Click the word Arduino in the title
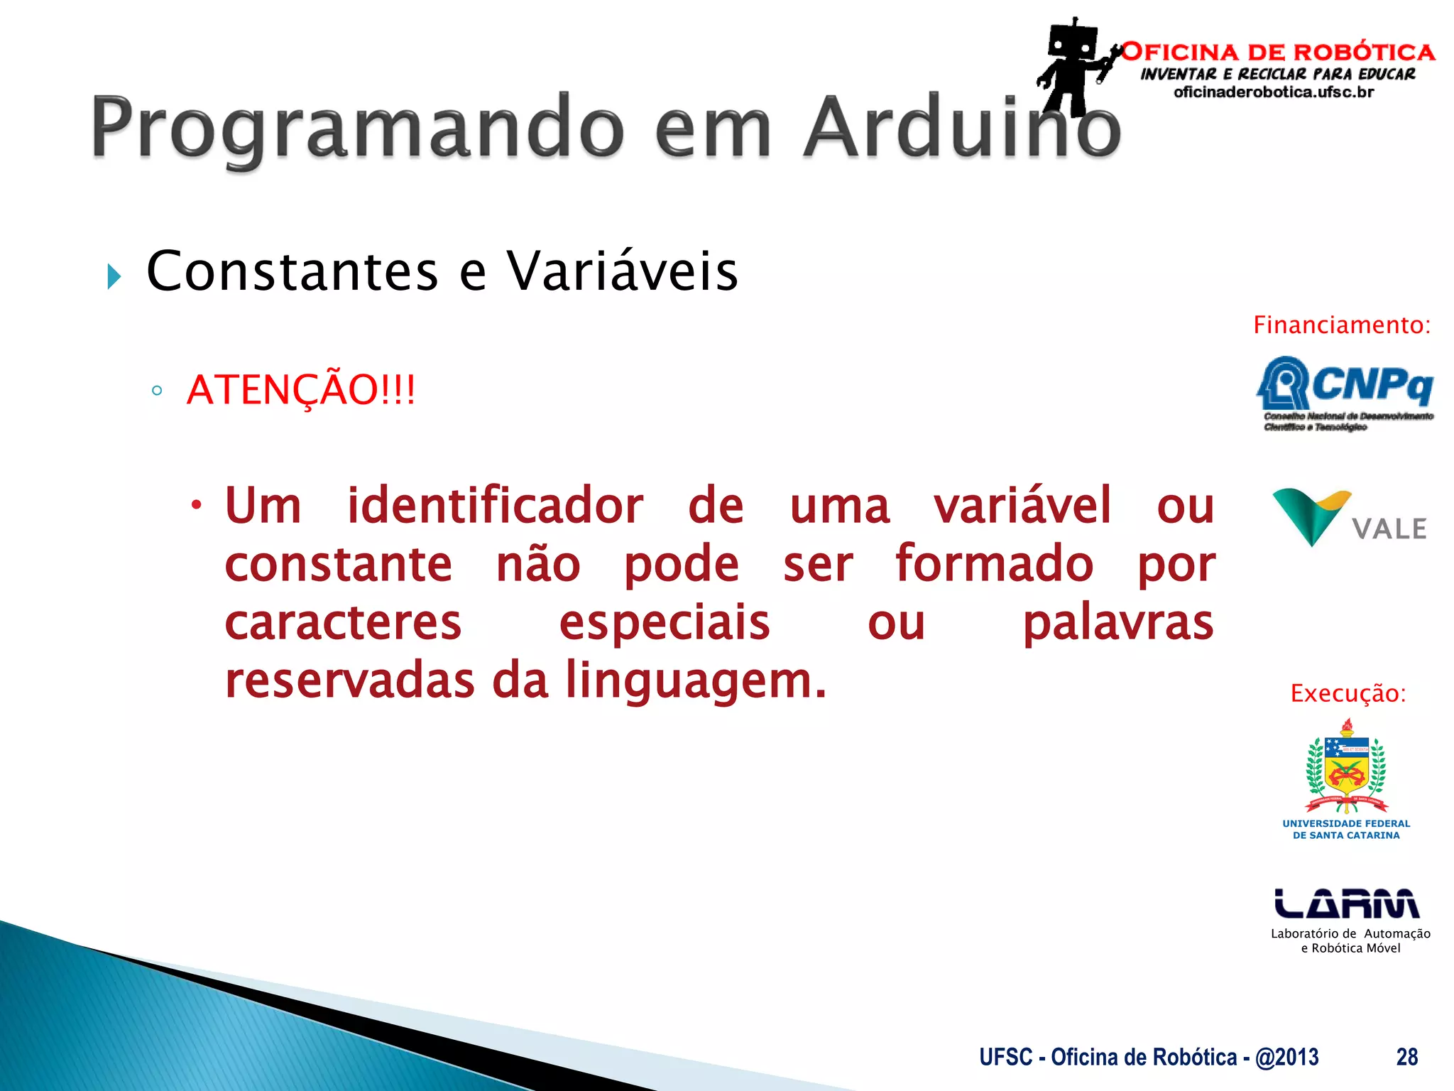click(962, 128)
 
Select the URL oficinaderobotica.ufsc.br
click(1274, 92)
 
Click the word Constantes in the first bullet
click(293, 271)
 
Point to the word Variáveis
click(622, 271)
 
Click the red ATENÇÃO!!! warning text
click(300, 390)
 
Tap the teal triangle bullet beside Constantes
click(114, 276)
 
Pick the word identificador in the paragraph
click(495, 506)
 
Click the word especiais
click(664, 623)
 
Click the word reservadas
click(349, 681)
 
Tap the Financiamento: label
click(1341, 325)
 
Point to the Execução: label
click(1348, 693)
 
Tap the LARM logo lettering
click(1347, 903)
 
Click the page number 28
click(1406, 1057)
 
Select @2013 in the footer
click(1286, 1057)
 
